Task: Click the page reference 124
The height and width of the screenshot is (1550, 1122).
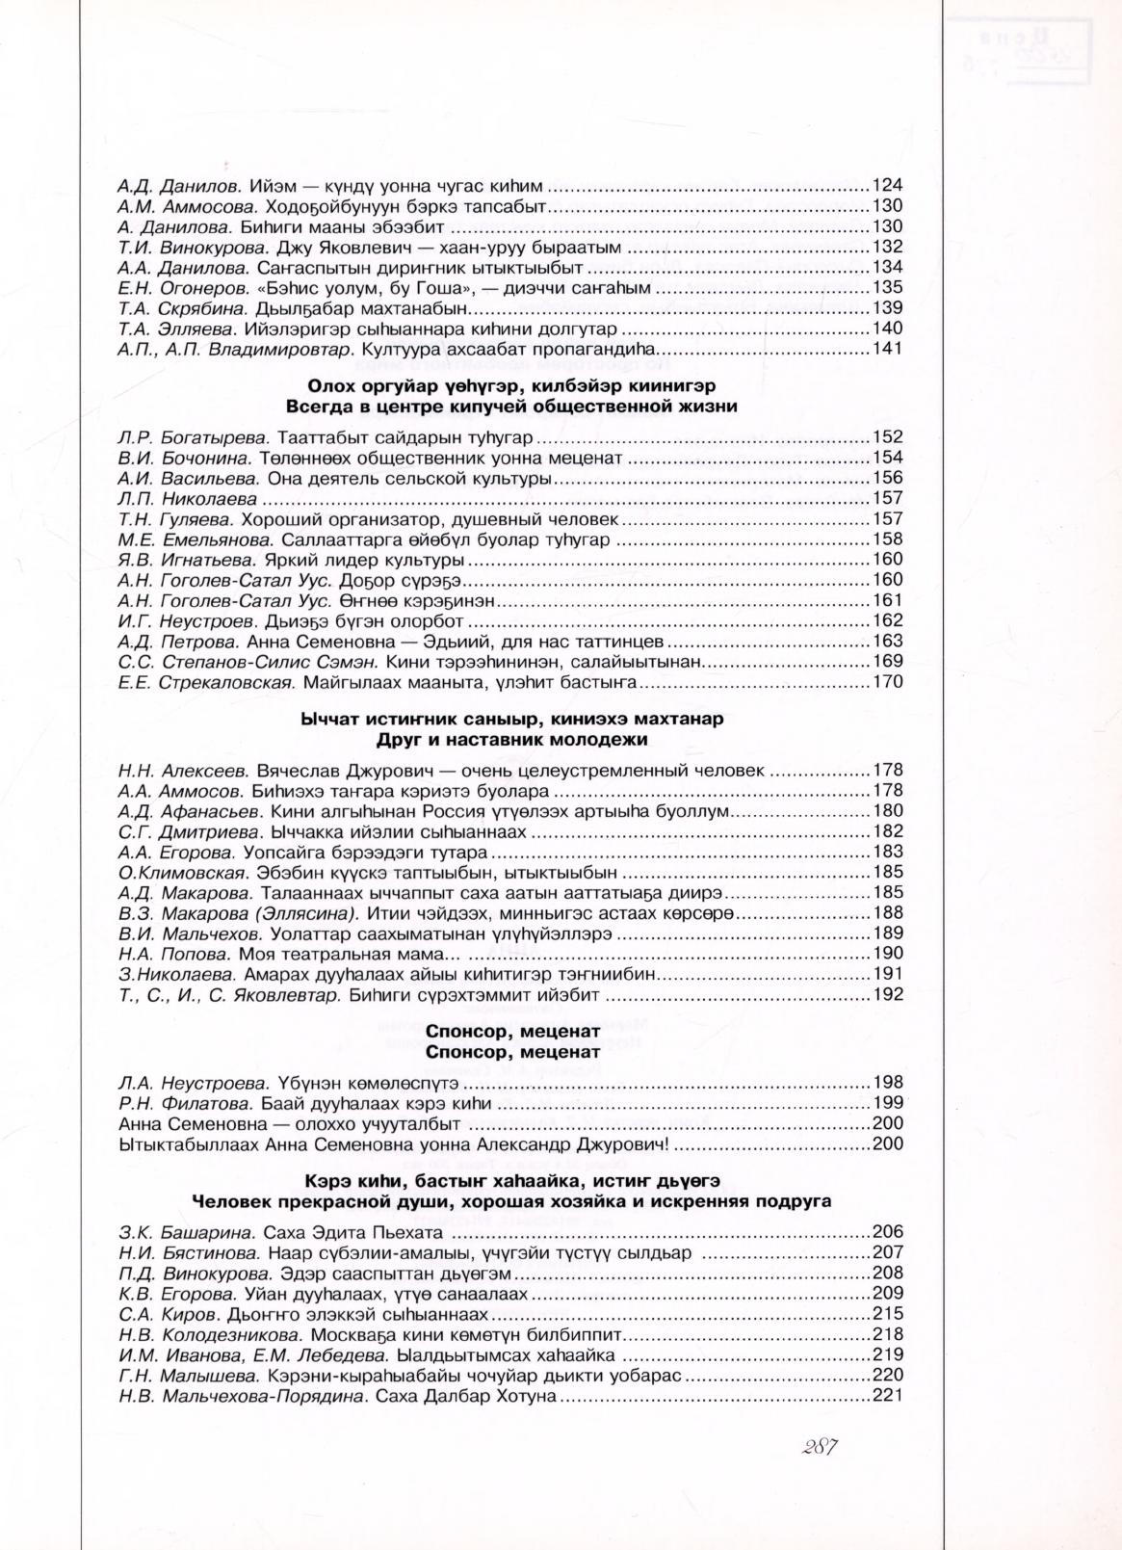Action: (886, 185)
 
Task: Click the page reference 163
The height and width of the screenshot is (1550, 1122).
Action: (886, 641)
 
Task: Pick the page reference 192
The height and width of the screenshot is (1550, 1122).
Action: (886, 994)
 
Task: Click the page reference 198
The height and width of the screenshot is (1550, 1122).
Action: (886, 1082)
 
